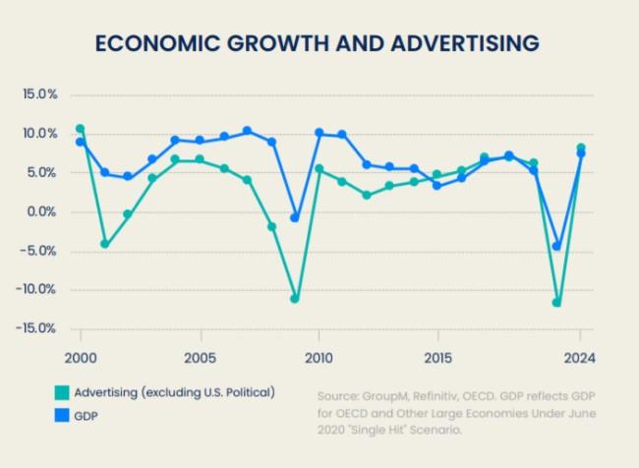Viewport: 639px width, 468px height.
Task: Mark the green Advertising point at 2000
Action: pos(80,129)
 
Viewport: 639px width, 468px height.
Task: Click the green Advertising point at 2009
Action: pos(294,298)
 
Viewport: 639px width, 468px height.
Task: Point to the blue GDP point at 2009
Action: pos(294,217)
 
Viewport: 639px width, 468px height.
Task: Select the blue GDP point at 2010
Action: pos(319,133)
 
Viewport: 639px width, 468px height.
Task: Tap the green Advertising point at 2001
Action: pos(104,244)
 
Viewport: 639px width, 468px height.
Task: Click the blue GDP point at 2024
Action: pos(581,152)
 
